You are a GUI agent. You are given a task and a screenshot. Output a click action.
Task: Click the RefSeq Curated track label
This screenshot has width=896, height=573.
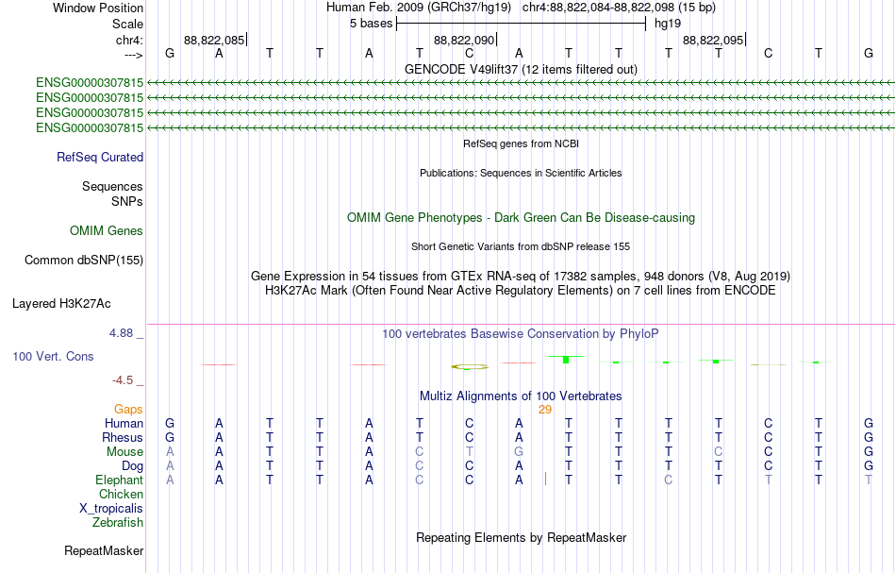click(x=100, y=158)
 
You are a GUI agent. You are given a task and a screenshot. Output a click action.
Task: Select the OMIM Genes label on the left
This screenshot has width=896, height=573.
click(x=107, y=230)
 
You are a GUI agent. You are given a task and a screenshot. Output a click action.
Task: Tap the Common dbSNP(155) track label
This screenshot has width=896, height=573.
click(x=84, y=261)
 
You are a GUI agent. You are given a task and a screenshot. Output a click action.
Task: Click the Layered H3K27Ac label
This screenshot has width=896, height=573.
click(x=61, y=304)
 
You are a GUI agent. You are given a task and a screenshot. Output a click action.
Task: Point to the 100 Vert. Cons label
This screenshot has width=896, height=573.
click(x=53, y=356)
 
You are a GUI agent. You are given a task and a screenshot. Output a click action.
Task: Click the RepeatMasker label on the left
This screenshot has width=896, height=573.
click(x=104, y=550)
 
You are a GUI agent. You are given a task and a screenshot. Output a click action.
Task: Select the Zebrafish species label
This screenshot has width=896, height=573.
click(x=118, y=523)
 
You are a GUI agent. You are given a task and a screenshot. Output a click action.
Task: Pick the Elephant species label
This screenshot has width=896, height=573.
click(x=120, y=480)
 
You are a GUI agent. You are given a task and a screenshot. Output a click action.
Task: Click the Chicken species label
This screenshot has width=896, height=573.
click(x=121, y=494)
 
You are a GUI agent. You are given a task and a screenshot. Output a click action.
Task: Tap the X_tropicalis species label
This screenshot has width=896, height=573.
click(x=111, y=509)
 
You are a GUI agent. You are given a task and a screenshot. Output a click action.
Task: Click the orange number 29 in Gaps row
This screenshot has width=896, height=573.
click(x=545, y=410)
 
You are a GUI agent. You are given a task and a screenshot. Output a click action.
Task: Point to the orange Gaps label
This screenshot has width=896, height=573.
click(x=128, y=410)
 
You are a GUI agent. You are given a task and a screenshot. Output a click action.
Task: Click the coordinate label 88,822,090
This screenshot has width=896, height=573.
click(x=464, y=40)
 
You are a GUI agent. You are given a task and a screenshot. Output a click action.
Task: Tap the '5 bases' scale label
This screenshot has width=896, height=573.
click(x=372, y=24)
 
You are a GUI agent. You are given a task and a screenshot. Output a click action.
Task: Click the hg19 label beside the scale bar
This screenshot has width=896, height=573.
click(x=668, y=24)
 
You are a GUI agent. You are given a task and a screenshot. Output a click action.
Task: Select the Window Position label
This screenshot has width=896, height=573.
click(x=98, y=8)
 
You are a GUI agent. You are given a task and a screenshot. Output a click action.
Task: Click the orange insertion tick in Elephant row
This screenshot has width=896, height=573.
click(x=546, y=479)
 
